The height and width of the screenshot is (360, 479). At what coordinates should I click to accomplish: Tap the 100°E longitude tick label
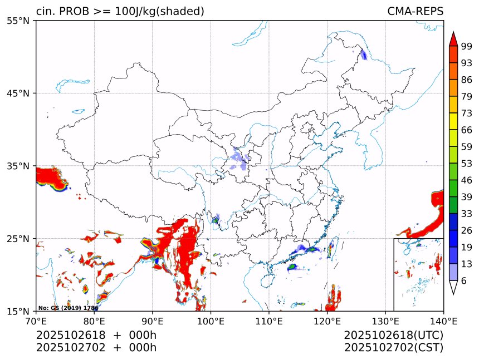click(211, 320)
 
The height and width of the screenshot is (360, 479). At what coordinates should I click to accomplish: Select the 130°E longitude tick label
click(385, 320)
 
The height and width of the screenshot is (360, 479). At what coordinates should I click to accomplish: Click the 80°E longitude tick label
click(94, 320)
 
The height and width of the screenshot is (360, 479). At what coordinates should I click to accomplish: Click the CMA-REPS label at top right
click(415, 12)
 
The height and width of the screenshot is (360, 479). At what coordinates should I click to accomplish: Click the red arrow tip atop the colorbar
click(453, 38)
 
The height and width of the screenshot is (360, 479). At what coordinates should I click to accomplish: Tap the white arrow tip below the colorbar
click(453, 288)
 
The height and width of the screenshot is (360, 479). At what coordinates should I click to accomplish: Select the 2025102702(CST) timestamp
click(393, 348)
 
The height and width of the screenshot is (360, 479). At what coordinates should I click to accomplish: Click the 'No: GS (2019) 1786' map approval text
click(68, 308)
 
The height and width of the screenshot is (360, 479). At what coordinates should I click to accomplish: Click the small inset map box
click(418, 274)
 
